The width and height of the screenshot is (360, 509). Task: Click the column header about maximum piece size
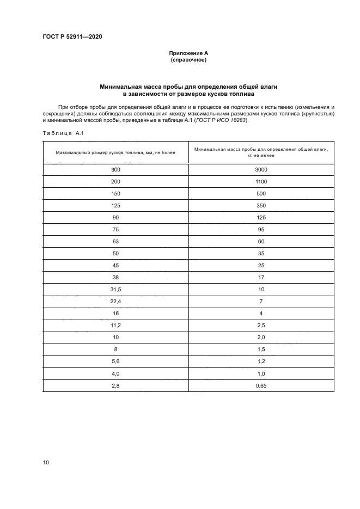point(115,154)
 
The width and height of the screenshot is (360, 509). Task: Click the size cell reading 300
point(115,170)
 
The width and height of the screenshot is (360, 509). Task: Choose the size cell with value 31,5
point(115,290)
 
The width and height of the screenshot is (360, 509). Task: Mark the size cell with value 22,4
point(115,302)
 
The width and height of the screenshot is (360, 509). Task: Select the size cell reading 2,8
point(115,385)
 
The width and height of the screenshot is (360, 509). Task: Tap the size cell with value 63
point(115,242)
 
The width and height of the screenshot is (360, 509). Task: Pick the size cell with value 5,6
point(115,361)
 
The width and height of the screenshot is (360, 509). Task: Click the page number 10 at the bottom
point(46,462)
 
